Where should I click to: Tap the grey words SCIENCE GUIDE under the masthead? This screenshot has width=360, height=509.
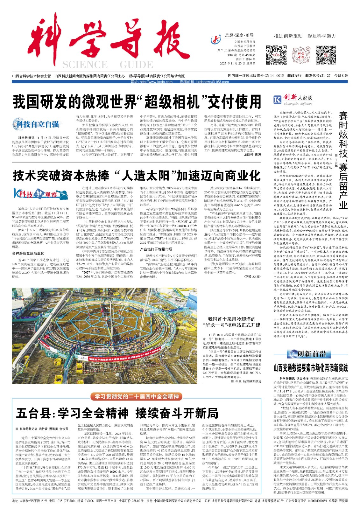tap(108, 65)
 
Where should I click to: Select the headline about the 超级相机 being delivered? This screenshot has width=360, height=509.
tap(137, 102)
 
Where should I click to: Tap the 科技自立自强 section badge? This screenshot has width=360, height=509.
tap(36, 124)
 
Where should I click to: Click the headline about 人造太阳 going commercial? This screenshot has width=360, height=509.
tap(137, 175)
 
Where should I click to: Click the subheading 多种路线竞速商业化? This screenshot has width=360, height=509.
tap(28, 253)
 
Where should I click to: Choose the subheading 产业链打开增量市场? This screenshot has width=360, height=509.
tap(156, 249)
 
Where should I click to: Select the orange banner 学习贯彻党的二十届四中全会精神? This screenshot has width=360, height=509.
tap(137, 396)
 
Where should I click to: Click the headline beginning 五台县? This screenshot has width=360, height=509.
tap(117, 413)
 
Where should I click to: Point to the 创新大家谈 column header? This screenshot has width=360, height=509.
tap(293, 99)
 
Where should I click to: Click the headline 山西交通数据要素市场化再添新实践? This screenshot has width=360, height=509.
tap(310, 368)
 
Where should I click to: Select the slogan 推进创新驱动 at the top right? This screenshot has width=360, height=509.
tap(288, 36)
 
